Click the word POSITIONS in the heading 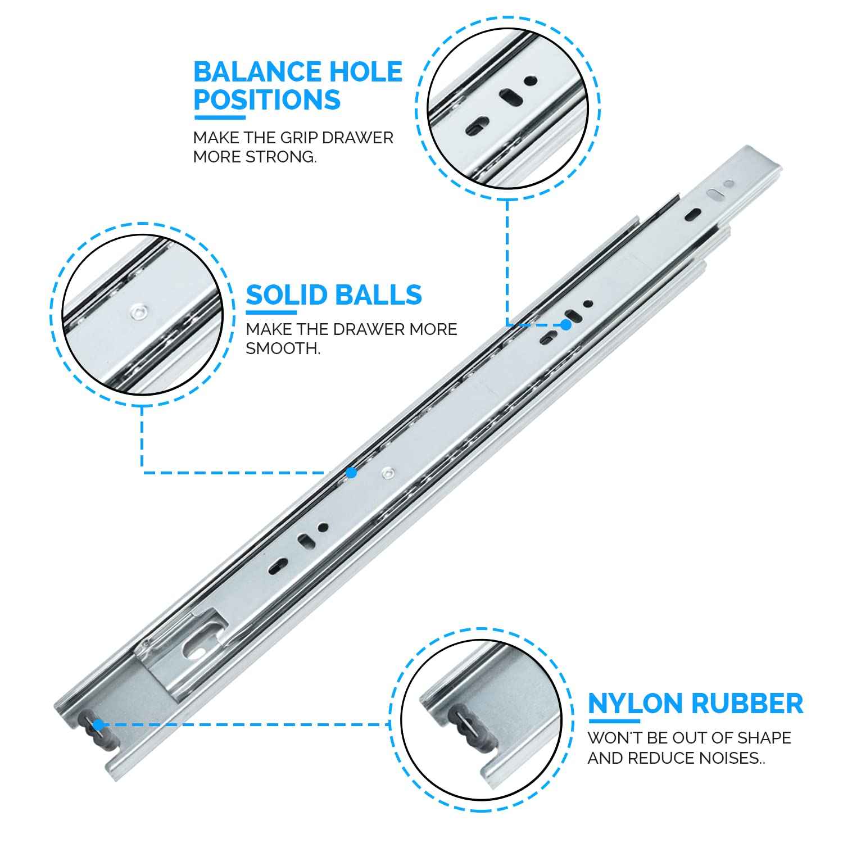pyautogui.click(x=267, y=100)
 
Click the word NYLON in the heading pyautogui.click(x=636, y=704)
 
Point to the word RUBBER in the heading pyautogui.click(x=747, y=704)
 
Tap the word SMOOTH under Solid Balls pyautogui.click(x=283, y=348)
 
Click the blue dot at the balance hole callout pyautogui.click(x=566, y=324)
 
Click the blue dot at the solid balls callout pyautogui.click(x=351, y=473)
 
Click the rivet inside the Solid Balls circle pyautogui.click(x=138, y=311)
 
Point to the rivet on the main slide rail pyautogui.click(x=387, y=474)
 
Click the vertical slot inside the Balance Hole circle pyautogui.click(x=511, y=97)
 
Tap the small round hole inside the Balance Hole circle pyautogui.click(x=529, y=80)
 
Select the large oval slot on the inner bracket pyautogui.click(x=195, y=650)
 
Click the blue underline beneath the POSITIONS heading pyautogui.click(x=220, y=117)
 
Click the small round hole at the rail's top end pyautogui.click(x=729, y=183)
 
